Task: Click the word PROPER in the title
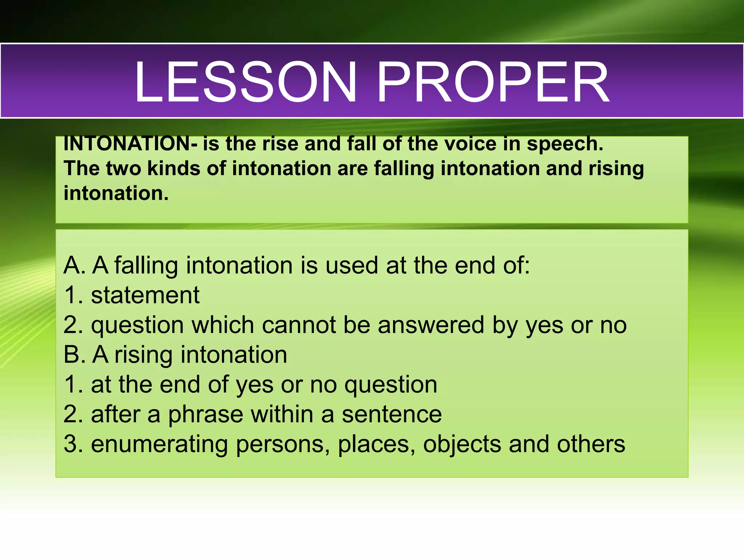(x=493, y=82)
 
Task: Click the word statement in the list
(x=145, y=295)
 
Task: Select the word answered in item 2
(x=431, y=325)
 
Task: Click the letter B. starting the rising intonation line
(x=74, y=355)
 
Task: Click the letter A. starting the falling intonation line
(x=74, y=265)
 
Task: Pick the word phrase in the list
(x=205, y=415)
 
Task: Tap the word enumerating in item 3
(x=159, y=445)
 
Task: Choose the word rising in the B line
(x=143, y=355)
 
